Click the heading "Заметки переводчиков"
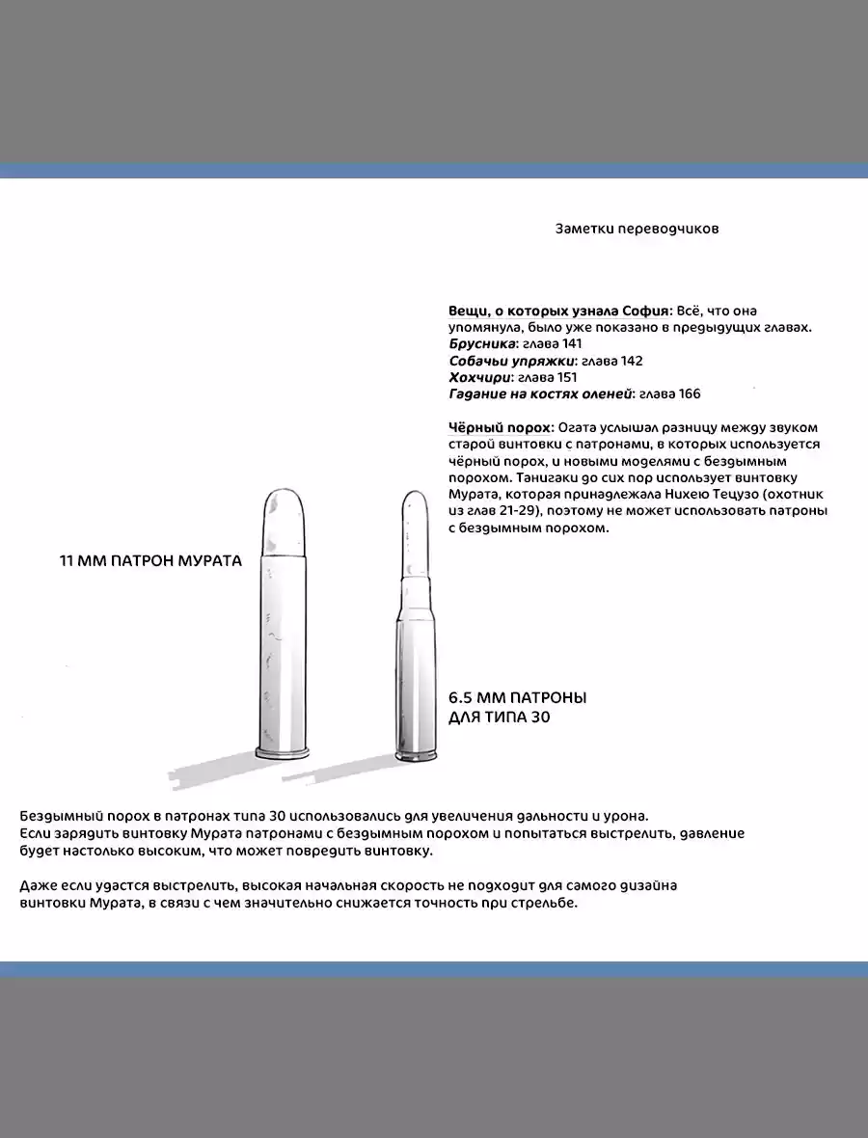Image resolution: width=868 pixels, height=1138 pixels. (x=637, y=230)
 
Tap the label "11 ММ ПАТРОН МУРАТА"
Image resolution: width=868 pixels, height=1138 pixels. (x=150, y=560)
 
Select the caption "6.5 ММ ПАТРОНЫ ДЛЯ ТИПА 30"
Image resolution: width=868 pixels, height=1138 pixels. (x=517, y=707)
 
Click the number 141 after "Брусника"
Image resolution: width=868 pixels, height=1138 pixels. (x=570, y=343)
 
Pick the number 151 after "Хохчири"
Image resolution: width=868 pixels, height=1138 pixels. (x=566, y=377)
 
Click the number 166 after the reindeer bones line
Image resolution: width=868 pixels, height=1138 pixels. (x=689, y=393)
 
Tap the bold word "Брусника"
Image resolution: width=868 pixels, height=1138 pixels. (x=482, y=343)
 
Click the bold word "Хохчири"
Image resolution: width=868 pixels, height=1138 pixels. (x=479, y=377)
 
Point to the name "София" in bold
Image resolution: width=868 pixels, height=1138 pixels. (x=646, y=311)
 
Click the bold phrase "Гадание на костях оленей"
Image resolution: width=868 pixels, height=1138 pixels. (x=540, y=393)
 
